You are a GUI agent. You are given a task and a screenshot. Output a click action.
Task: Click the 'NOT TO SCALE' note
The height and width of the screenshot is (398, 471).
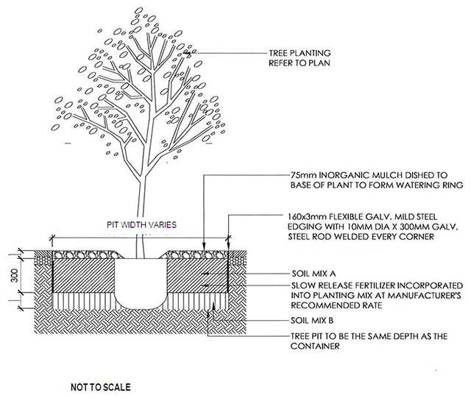click(101, 387)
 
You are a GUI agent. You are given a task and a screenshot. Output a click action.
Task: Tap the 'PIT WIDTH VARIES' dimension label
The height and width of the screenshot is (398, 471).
click(142, 224)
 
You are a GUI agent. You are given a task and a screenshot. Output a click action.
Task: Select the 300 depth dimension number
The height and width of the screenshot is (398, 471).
click(14, 275)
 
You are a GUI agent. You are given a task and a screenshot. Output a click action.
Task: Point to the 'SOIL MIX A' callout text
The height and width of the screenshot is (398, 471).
click(314, 274)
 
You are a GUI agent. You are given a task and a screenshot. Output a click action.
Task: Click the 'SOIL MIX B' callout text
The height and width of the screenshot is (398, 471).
click(312, 321)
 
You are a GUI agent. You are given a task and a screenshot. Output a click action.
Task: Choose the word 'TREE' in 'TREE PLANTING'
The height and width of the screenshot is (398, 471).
click(278, 53)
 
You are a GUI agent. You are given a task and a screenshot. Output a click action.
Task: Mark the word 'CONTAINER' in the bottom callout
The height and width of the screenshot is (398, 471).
click(315, 346)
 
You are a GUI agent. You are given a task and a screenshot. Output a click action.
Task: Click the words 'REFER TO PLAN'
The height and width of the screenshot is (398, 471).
click(300, 63)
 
